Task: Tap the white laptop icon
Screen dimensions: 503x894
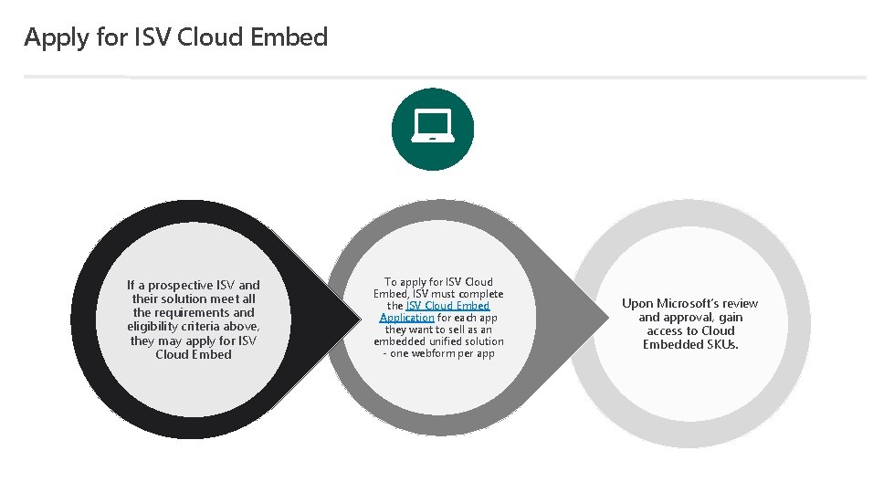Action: click(432, 128)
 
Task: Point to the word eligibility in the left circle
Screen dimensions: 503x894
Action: click(156, 326)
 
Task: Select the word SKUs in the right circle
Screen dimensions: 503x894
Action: click(720, 344)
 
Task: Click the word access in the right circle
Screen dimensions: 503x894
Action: click(665, 330)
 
